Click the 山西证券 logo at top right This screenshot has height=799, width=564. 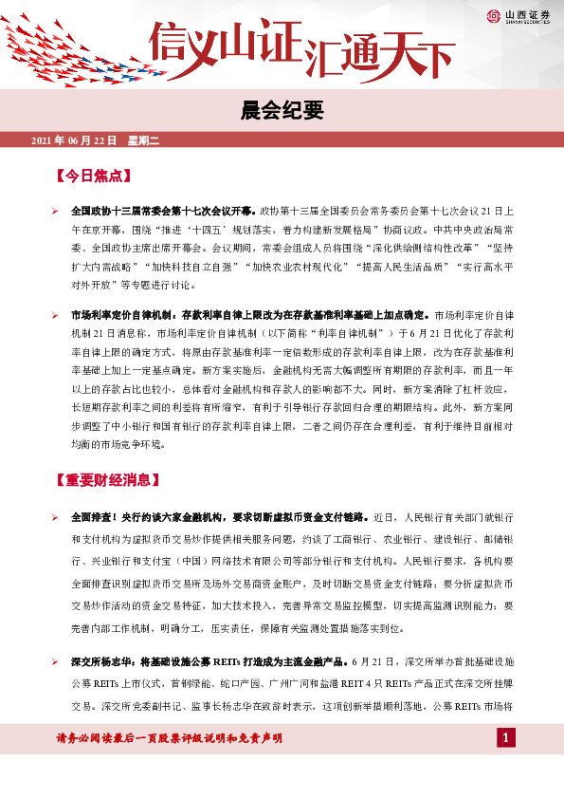click(521, 15)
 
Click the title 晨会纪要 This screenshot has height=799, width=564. click(282, 111)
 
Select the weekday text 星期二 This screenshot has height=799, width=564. click(141, 140)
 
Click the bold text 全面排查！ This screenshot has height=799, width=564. click(96, 517)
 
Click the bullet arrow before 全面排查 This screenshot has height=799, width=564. click(56, 517)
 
